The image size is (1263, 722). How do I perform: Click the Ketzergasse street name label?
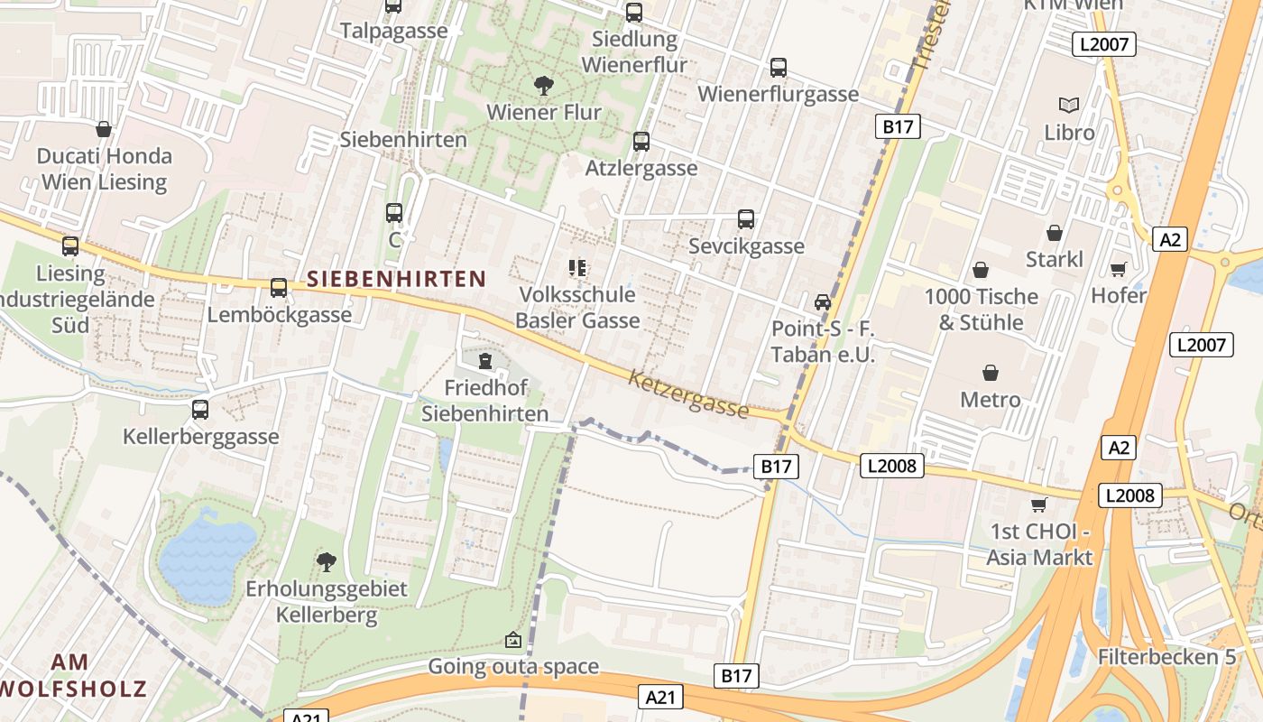[689, 393]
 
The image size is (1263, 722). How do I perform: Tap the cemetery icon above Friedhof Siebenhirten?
[485, 362]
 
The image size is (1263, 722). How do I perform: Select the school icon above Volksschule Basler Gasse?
[577, 268]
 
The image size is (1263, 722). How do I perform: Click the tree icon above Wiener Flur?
[543, 86]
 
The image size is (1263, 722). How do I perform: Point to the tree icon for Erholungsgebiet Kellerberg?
[327, 562]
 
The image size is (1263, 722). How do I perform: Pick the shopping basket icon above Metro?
[990, 373]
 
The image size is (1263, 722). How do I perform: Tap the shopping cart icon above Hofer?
[1119, 269]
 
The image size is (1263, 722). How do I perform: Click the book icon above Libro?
[1069, 106]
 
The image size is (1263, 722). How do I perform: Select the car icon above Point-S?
[822, 302]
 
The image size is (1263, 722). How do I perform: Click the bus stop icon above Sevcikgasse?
[746, 219]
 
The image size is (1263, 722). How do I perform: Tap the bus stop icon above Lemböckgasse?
[279, 288]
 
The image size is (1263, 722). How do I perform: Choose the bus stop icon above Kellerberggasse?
[200, 410]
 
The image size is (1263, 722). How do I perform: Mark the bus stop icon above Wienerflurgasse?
[778, 68]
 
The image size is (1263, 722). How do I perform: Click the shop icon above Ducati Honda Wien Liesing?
[104, 129]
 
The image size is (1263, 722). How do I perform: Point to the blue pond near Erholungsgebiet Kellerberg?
[207, 560]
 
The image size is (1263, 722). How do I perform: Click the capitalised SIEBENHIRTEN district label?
[396, 279]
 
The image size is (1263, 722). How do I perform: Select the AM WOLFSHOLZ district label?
[72, 675]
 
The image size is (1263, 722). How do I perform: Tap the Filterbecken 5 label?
[1166, 656]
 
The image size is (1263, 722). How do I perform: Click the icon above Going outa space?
[512, 640]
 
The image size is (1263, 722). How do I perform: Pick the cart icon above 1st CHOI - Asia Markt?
[1038, 504]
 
